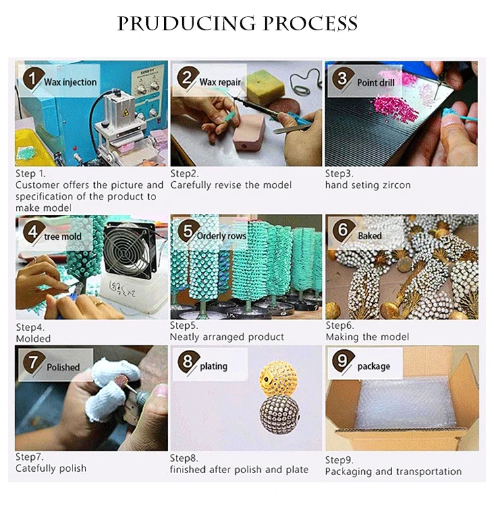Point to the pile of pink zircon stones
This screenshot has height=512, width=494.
(394, 109)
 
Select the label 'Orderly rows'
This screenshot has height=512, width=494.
(221, 236)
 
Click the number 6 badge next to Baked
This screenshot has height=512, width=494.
(343, 230)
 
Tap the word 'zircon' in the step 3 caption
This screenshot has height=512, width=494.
(397, 185)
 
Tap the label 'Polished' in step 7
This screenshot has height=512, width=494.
(63, 367)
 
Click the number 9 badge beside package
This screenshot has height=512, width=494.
(343, 361)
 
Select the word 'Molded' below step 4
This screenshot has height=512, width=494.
(34, 339)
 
